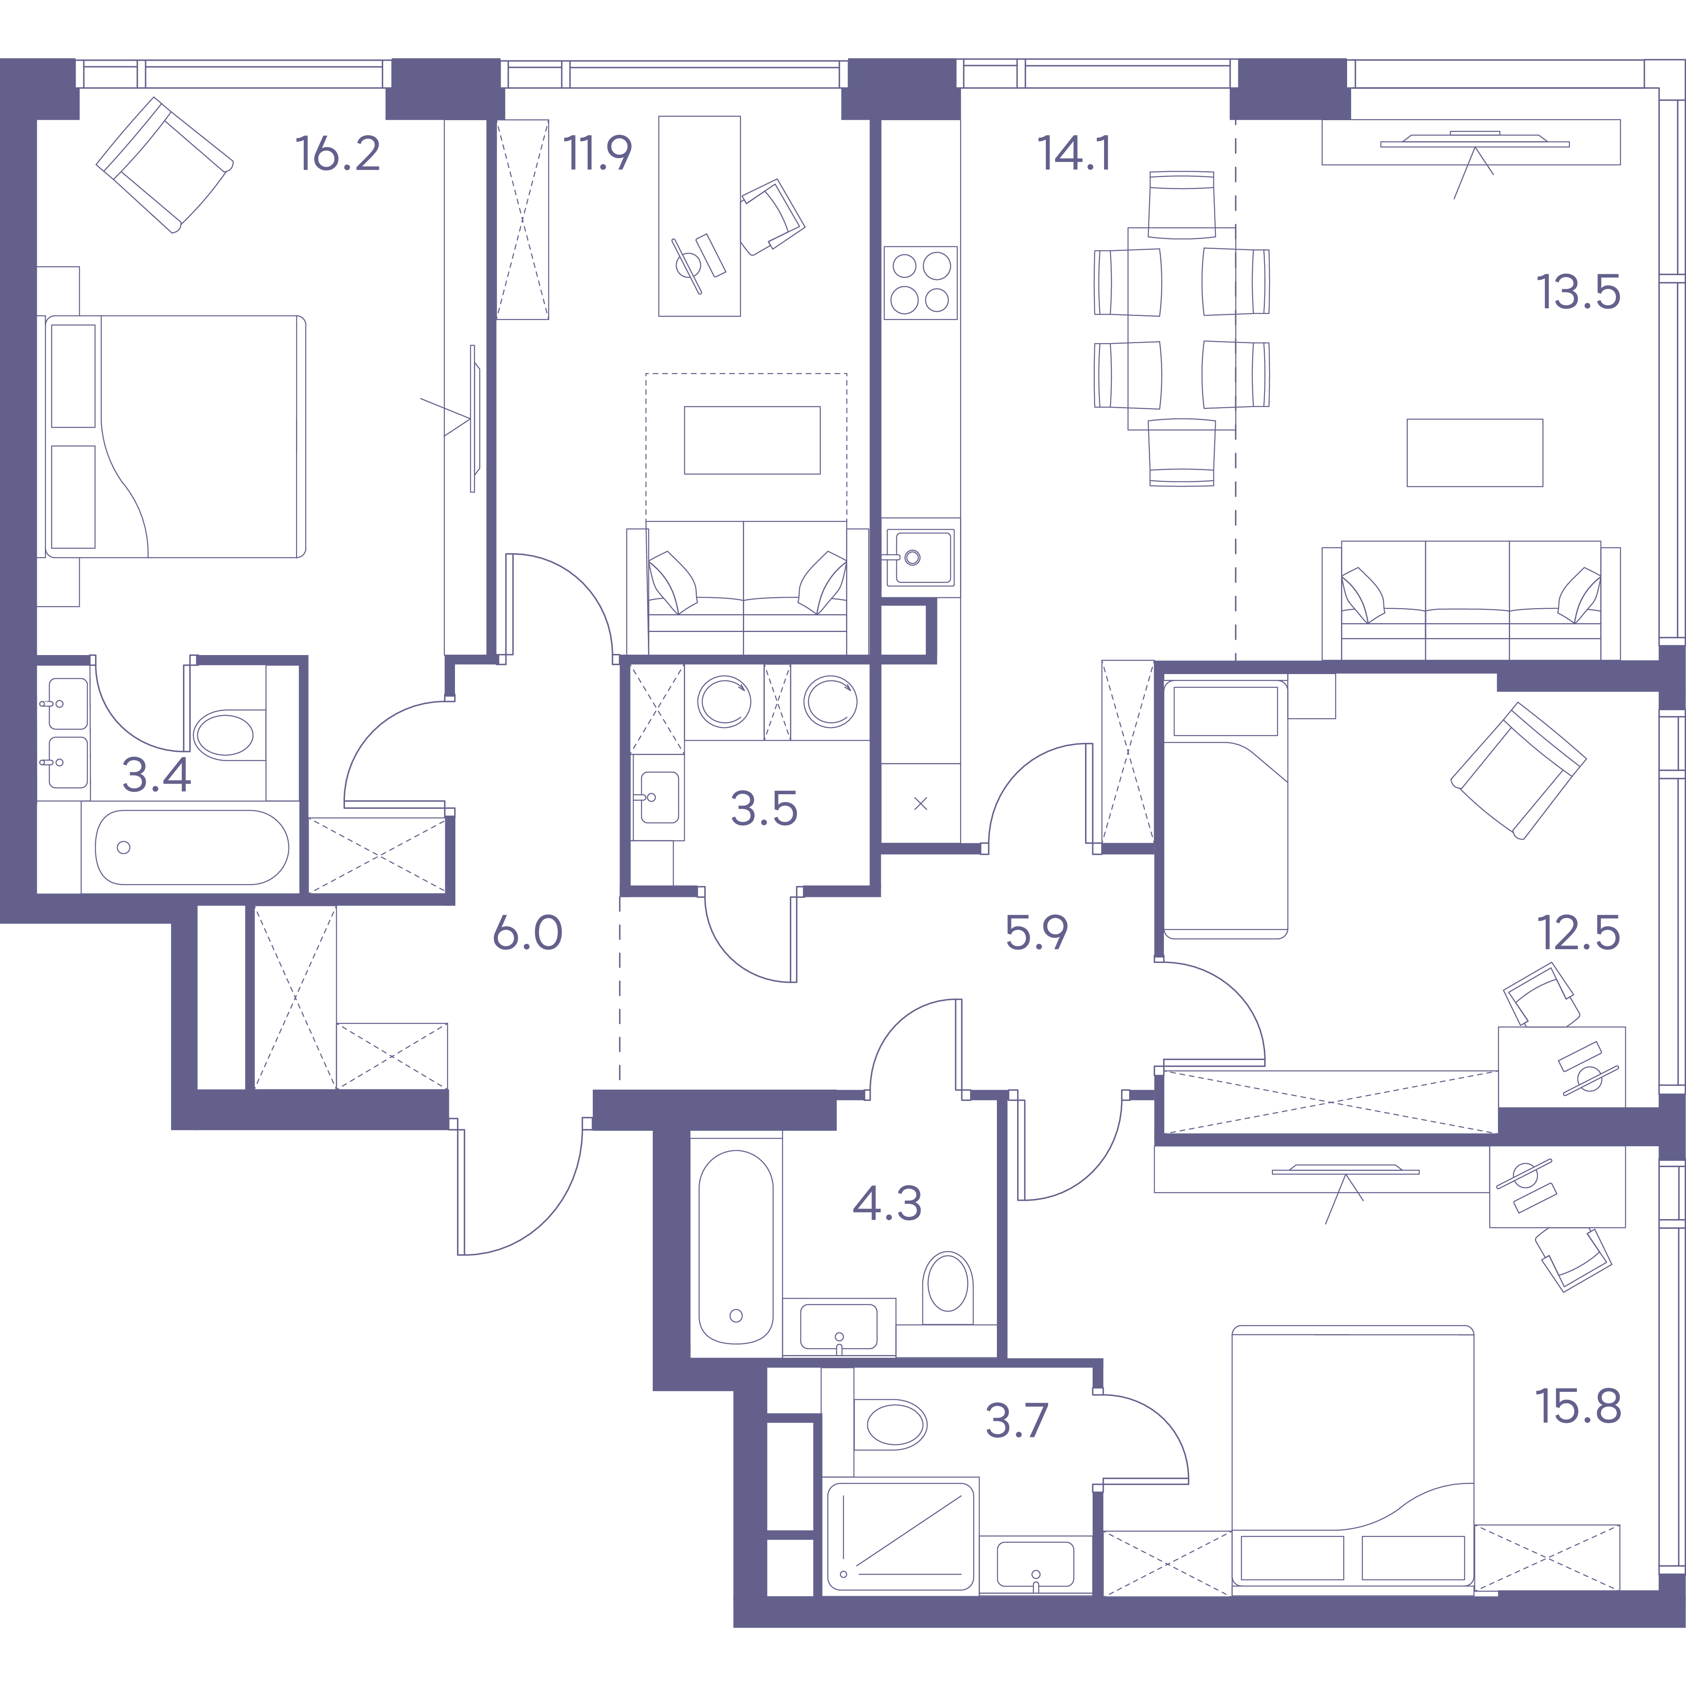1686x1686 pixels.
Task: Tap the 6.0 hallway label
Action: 527,933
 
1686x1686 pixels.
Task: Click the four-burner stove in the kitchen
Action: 921,282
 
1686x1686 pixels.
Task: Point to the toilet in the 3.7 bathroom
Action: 891,1425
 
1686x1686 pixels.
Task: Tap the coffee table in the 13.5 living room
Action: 1475,452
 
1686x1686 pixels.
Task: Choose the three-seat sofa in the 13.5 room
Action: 1471,601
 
